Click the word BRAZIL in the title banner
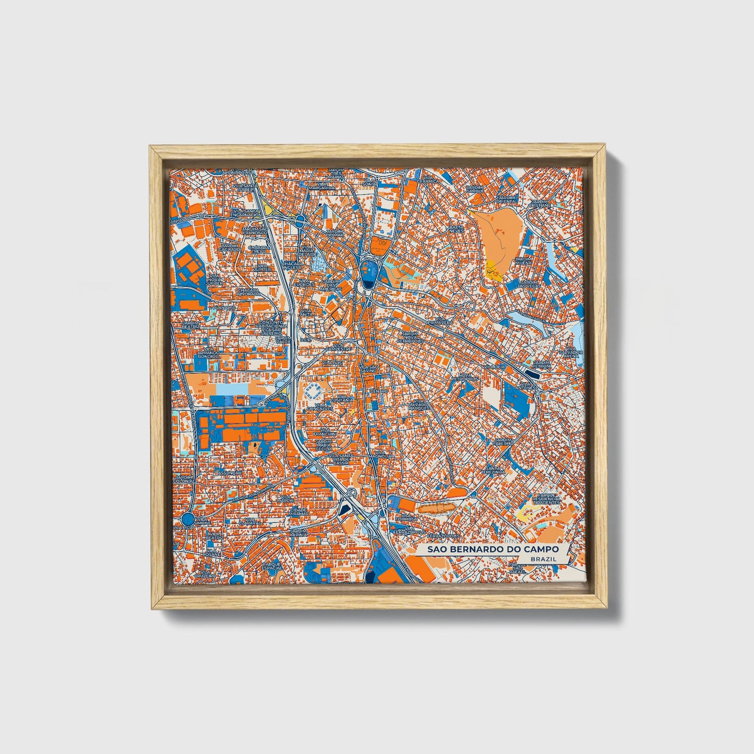(543, 559)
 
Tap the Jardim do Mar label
(335, 232)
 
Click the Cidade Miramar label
(299, 511)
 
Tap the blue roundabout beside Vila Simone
(188, 519)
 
